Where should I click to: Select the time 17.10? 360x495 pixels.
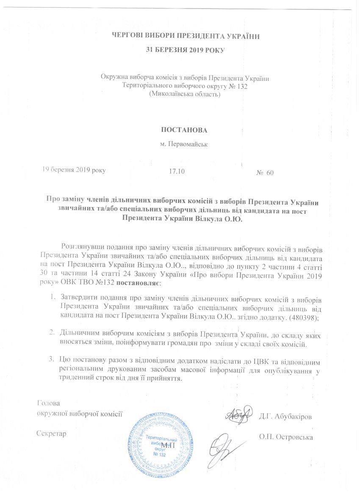point(177,172)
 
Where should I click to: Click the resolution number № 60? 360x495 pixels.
point(265,173)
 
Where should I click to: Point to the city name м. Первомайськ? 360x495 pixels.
point(185,144)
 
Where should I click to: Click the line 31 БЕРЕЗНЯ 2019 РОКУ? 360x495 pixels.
point(185,50)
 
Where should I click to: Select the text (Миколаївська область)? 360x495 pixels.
point(185,94)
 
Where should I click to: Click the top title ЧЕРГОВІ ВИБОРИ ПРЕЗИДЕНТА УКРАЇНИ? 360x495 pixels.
point(185,36)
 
